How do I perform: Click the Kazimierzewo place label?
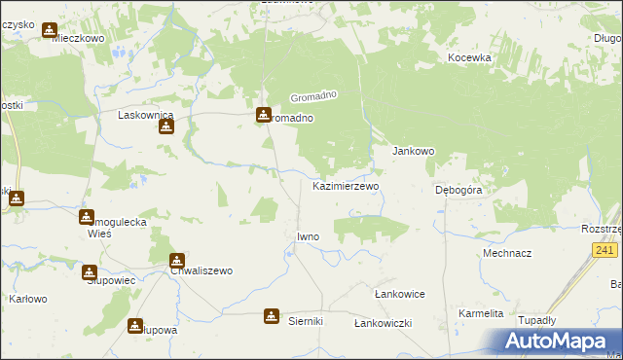click(x=346, y=185)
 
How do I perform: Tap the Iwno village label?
click(x=308, y=236)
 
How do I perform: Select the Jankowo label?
click(x=413, y=152)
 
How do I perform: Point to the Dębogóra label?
click(x=458, y=191)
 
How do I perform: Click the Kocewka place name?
click(x=469, y=57)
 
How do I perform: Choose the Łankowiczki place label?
click(x=384, y=322)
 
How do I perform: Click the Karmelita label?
click(x=482, y=313)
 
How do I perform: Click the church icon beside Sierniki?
click(x=271, y=317)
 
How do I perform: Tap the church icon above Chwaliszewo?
click(x=177, y=260)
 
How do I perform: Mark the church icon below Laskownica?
click(x=166, y=126)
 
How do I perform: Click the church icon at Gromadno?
click(x=264, y=115)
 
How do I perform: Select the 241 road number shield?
click(x=605, y=250)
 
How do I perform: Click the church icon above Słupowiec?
click(x=90, y=273)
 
